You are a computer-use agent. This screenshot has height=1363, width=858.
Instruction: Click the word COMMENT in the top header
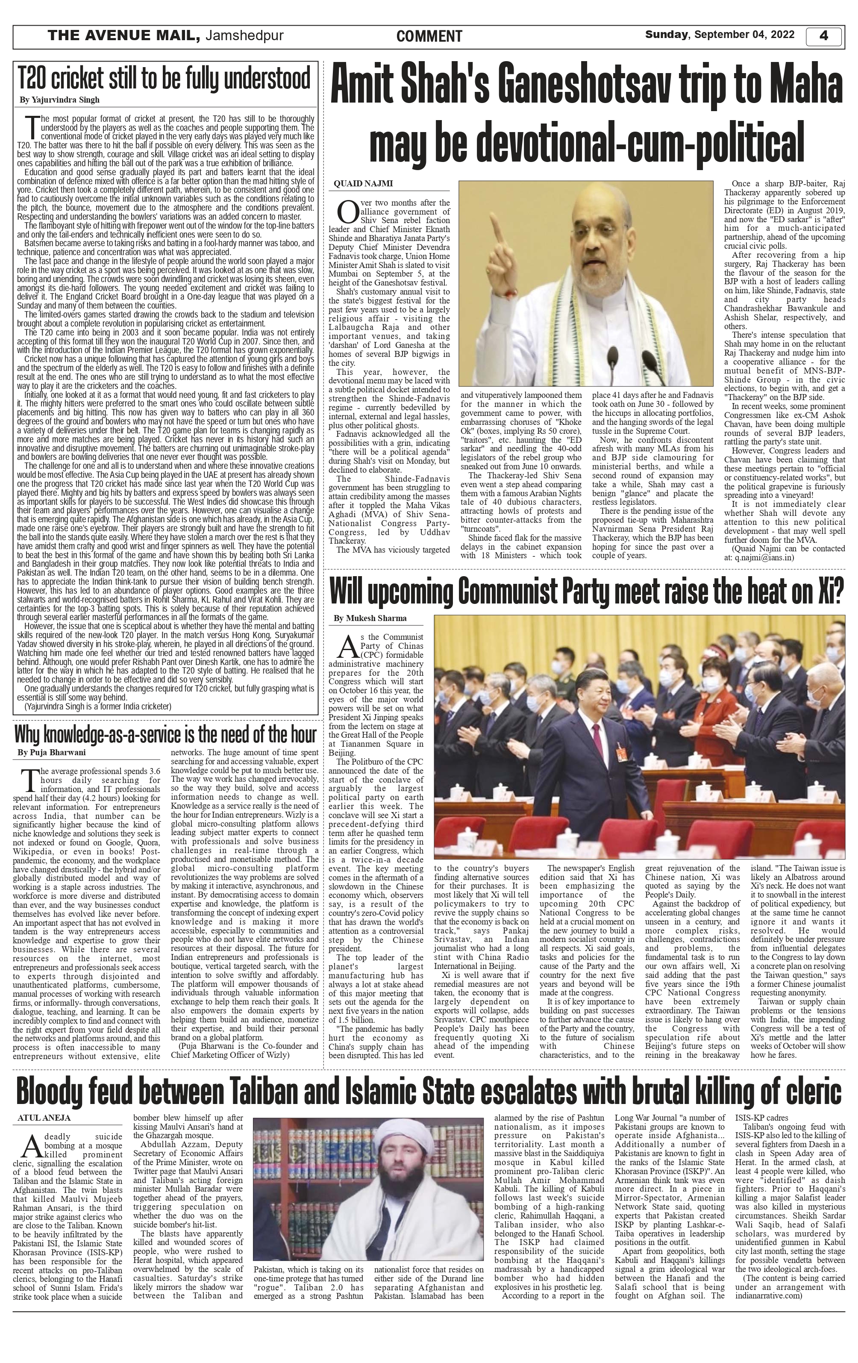[x=429, y=37]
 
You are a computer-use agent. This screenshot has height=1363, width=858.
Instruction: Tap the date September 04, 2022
[x=744, y=35]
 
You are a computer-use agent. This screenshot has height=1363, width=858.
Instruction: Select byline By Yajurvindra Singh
[x=59, y=100]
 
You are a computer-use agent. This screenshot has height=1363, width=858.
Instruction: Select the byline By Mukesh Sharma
[x=370, y=618]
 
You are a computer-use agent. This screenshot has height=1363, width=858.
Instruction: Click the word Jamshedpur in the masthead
[x=244, y=36]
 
